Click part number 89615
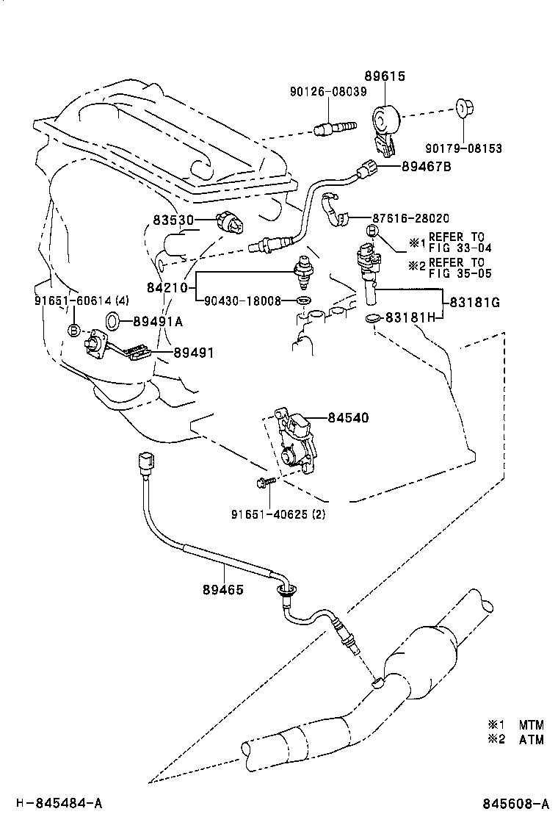385,76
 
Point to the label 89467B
426,168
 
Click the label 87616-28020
410,218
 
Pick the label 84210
174,287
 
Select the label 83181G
474,301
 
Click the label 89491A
158,320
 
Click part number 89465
223,589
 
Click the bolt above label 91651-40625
265,482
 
